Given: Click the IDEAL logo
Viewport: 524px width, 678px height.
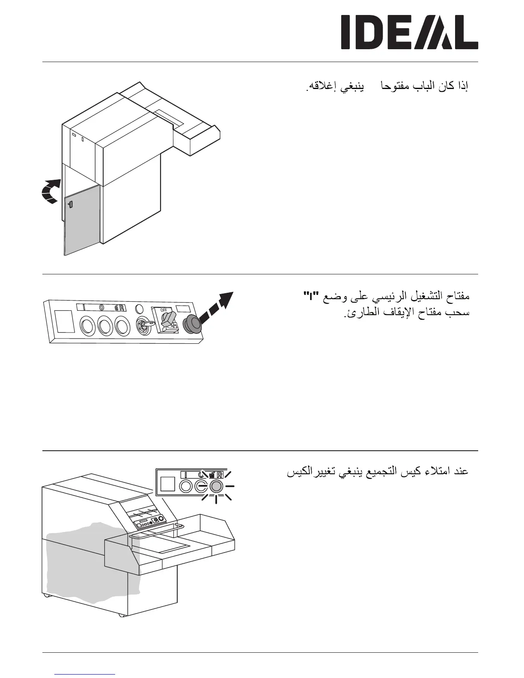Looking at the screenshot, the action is click(409, 32).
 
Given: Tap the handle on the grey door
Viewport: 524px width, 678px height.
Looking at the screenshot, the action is click(70, 205).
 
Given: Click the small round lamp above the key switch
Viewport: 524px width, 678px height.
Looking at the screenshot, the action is click(139, 309).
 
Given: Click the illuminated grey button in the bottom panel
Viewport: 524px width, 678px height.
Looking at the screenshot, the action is click(216, 486).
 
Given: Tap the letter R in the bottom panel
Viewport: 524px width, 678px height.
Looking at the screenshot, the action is click(220, 475).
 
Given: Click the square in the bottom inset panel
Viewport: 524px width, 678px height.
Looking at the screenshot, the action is click(167, 484).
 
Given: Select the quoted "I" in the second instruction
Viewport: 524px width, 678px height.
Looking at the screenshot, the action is click(307, 296).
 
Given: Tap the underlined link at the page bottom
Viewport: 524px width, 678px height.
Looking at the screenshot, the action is click(85, 674).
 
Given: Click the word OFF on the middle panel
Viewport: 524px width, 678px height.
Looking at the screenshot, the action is click(163, 309).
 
